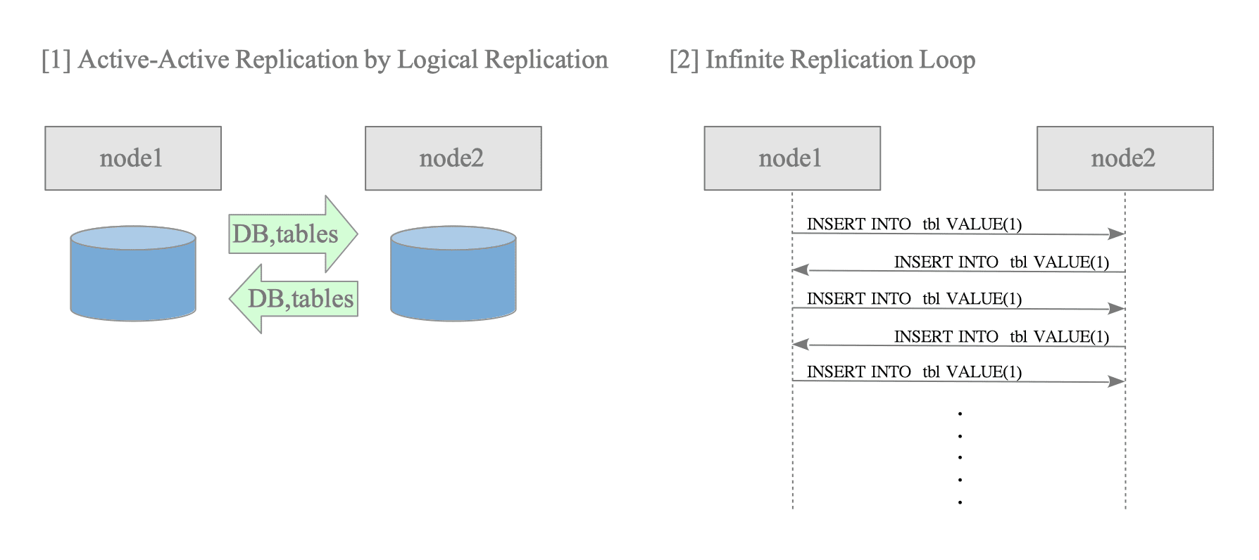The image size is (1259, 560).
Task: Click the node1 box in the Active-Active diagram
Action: point(133,158)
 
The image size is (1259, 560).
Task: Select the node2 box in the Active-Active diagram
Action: point(453,158)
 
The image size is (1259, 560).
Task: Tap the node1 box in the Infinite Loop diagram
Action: point(792,158)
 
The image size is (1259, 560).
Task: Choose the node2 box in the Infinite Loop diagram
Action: point(1125,158)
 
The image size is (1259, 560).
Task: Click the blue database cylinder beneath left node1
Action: point(133,274)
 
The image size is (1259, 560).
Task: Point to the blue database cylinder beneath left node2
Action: point(453,274)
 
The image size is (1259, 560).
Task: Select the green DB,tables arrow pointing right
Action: point(294,234)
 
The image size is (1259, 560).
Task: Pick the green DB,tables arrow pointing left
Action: point(294,298)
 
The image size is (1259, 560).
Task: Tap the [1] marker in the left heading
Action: point(56,61)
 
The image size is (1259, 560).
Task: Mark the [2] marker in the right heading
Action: point(684,61)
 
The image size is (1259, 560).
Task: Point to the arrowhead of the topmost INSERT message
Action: point(1117,234)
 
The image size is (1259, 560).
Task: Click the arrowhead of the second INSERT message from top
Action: point(801,270)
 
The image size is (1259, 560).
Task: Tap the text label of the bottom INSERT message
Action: point(914,371)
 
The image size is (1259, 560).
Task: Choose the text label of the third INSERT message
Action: point(914,298)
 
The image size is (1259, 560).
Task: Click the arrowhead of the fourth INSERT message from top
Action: point(801,345)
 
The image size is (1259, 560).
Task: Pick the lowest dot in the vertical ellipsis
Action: point(960,502)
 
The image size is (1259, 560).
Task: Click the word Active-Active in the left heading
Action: point(151,60)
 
